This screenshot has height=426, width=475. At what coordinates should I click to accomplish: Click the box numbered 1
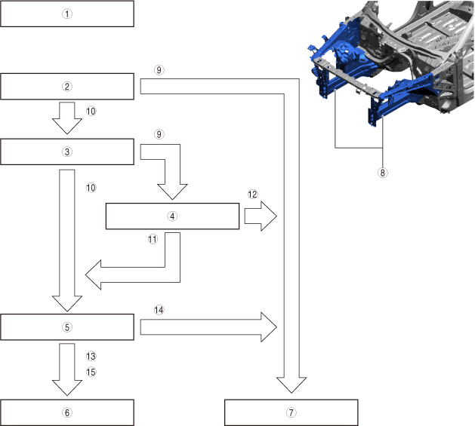pos(67,14)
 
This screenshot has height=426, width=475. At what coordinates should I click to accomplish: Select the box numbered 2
pos(67,87)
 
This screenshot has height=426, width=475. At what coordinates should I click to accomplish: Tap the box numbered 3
pos(67,152)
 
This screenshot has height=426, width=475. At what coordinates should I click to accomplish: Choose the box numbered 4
pos(172,216)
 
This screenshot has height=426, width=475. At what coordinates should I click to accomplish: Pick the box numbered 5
pos(67,327)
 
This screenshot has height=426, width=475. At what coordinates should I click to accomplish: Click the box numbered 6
pos(67,412)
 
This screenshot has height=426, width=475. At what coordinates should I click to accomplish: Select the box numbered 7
pos(291,412)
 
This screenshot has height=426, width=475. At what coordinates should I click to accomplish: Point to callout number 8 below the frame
pos(382,172)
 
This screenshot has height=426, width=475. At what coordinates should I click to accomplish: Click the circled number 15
pos(91,371)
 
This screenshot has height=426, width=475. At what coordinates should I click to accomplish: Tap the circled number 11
pos(152,239)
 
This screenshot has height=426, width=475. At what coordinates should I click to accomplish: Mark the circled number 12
pos(253,195)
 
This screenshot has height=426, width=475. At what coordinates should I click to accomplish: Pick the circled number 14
pos(159,309)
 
